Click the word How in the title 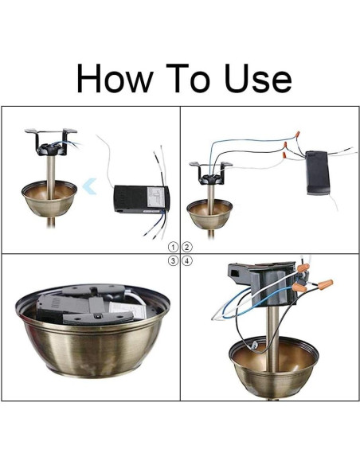115,78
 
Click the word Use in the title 258,78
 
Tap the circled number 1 173,247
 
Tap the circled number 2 187,247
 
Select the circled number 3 173,261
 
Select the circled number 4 187,261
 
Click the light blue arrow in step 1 89,186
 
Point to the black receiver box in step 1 142,199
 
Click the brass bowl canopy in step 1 49,198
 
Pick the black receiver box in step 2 317,173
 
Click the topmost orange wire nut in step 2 297,135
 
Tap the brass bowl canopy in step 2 209,213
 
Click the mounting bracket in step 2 211,174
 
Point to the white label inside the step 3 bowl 127,311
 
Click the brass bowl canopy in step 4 274,366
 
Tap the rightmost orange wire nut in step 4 325,283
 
